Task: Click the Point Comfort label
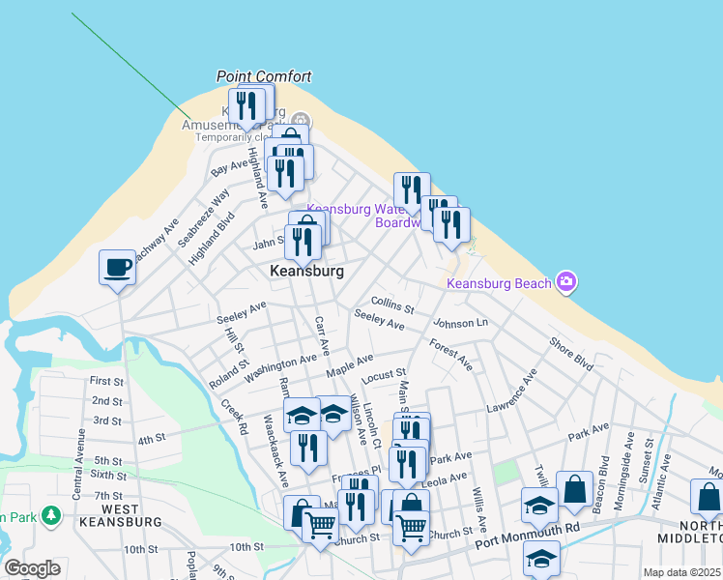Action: coord(264,76)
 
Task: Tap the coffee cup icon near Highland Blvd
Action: coord(118,267)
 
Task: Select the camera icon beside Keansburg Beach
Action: coord(566,282)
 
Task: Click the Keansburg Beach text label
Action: coord(499,283)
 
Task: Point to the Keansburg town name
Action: coord(306,272)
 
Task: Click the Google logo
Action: coord(32,568)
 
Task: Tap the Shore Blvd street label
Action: coord(570,355)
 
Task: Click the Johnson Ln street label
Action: coord(461,323)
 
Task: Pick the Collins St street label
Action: coord(392,305)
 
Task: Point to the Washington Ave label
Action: coord(280,366)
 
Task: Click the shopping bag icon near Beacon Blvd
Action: coord(575,489)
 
